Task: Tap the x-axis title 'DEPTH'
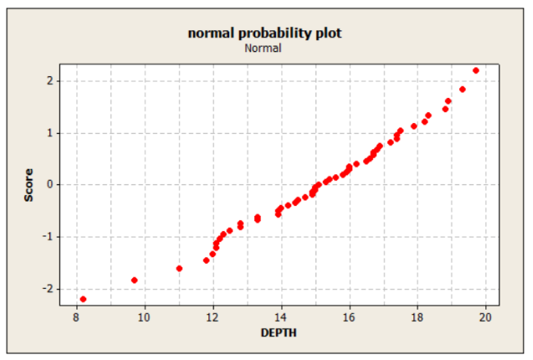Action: click(x=280, y=333)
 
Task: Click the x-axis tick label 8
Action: click(x=76, y=317)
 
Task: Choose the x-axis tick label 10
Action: click(x=145, y=317)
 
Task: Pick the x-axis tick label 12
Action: click(x=213, y=317)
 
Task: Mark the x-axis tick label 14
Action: click(x=280, y=317)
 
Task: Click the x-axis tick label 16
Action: click(x=349, y=317)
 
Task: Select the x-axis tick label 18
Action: click(x=417, y=317)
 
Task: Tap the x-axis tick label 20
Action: click(x=485, y=317)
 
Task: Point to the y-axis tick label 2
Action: click(x=52, y=80)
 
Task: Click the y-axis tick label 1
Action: click(x=52, y=132)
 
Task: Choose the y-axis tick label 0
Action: click(x=52, y=184)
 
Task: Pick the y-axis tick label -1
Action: click(x=49, y=236)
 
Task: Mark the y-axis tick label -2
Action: click(x=49, y=288)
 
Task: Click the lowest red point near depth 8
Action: click(x=83, y=299)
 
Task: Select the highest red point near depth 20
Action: click(x=476, y=70)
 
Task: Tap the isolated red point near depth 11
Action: click(x=179, y=268)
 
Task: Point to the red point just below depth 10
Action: click(x=135, y=280)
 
